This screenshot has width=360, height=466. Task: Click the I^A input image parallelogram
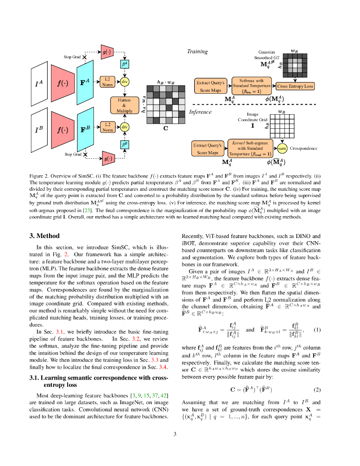click(40, 84)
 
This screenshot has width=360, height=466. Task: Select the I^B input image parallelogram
click(40, 130)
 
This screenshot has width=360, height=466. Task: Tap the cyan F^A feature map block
click(85, 82)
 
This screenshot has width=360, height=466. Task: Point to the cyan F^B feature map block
click(85, 129)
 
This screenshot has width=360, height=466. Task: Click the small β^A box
click(125, 64)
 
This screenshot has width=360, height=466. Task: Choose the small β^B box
click(124, 144)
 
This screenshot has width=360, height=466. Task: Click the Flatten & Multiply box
click(124, 106)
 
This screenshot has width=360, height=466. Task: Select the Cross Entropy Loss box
click(295, 86)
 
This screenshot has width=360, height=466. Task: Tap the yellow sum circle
click(282, 148)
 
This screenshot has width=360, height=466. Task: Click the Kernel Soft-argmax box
click(251, 148)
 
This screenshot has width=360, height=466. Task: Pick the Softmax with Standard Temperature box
click(252, 86)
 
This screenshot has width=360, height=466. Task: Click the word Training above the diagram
click(198, 51)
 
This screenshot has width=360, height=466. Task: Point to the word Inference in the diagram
click(200, 111)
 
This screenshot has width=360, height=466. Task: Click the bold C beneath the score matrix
click(166, 128)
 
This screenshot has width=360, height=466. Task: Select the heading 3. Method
click(45, 236)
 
